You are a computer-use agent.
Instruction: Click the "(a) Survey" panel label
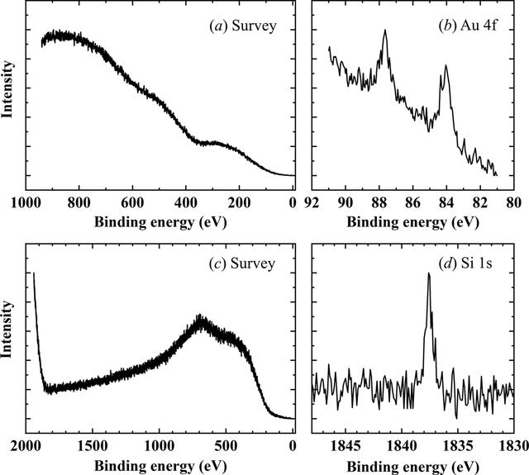coord(243,26)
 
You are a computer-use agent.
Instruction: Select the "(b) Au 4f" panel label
coord(468,26)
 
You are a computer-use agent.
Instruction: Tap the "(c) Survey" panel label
coord(242,264)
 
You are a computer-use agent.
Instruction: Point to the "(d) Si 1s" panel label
coord(465,264)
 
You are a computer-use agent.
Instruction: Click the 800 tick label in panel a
coord(79,203)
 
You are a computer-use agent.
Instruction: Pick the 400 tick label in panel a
coord(185,203)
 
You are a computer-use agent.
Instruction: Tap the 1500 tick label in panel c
coord(92,446)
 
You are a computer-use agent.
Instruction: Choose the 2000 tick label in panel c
coord(26,446)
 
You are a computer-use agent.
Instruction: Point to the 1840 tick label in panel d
coord(402,446)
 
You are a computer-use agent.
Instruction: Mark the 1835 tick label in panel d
coord(458,446)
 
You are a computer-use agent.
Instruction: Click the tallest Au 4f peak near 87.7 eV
coord(385,30)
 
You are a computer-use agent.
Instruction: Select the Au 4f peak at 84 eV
coord(446,65)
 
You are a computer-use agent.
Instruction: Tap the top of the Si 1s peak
coord(429,273)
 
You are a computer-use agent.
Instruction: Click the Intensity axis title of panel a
coord(7,90)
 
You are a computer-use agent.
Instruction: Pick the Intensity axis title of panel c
coord(7,330)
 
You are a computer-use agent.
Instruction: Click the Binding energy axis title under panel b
coord(413,222)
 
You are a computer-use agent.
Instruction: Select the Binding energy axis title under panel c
coord(160,467)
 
